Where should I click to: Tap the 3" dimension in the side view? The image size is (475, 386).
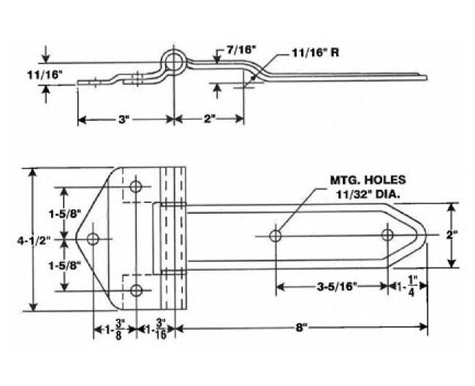pyautogui.click(x=123, y=120)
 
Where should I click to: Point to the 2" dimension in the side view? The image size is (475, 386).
pyautogui.click(x=210, y=120)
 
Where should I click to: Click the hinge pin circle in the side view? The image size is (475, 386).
pyautogui.click(x=173, y=61)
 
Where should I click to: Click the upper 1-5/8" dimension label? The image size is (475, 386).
pyautogui.click(x=64, y=214)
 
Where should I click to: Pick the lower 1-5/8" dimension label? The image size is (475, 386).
pyautogui.click(x=64, y=265)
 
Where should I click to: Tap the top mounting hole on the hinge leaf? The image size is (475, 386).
pyautogui.click(x=136, y=187)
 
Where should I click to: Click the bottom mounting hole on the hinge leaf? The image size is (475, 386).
pyautogui.click(x=136, y=291)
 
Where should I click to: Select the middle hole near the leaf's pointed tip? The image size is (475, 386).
pyautogui.click(x=94, y=239)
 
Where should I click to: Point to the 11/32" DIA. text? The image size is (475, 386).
pyautogui.click(x=367, y=194)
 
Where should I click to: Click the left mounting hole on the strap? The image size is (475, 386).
pyautogui.click(x=276, y=236)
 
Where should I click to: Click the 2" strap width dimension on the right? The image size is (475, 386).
pyautogui.click(x=452, y=235)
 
